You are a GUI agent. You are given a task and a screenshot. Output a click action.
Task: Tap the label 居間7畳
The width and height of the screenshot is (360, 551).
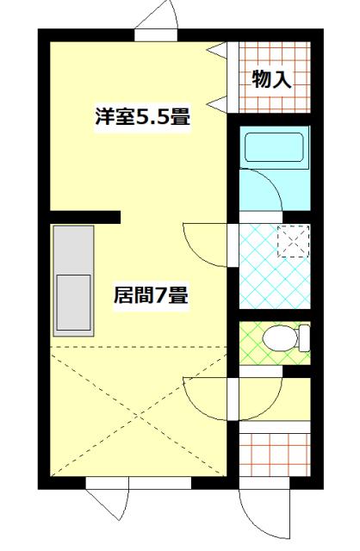[152, 295]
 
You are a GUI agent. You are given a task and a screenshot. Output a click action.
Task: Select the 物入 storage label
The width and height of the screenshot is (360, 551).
[270, 79]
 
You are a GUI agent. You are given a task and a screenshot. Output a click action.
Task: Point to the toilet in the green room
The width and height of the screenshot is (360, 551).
[279, 338]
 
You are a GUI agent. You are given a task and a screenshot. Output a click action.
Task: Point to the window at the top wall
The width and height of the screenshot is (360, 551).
[156, 34]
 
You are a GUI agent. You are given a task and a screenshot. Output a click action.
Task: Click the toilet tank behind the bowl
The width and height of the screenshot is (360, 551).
[303, 338]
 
